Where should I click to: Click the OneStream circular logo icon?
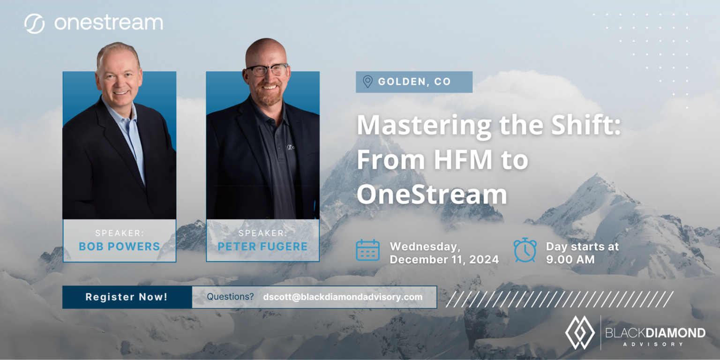coord(35,23)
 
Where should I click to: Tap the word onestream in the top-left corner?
coord(108,23)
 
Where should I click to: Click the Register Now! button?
coord(127,297)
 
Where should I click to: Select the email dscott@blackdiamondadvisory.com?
coord(343,297)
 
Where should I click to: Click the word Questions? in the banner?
coord(230,297)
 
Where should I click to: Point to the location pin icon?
coord(367,82)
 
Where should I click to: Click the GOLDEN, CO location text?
coord(414,82)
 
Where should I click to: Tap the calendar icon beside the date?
coord(367,250)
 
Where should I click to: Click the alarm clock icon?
coord(525,250)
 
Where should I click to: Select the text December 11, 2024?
coord(444,259)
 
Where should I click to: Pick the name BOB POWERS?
coord(120,247)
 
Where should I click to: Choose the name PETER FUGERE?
coord(262,247)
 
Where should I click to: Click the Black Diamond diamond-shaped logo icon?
coord(580,332)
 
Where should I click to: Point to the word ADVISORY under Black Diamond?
coord(655,344)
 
